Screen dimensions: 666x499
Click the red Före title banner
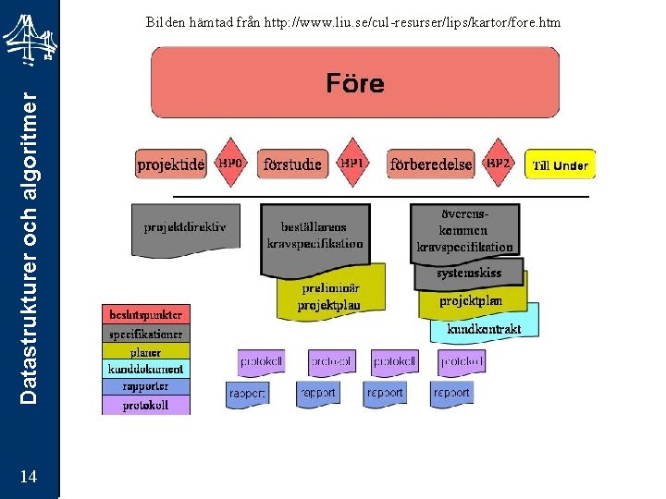(355, 83)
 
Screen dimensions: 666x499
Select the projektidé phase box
(171, 164)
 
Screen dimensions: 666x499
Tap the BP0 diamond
(230, 163)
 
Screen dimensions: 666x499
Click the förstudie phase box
(292, 164)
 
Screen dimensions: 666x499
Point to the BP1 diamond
(352, 163)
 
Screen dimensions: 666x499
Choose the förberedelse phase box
(431, 164)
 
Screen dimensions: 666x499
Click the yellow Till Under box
(560, 165)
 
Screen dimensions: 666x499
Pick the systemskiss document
(470, 274)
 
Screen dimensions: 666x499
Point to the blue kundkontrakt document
(484, 327)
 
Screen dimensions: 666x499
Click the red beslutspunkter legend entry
(145, 314)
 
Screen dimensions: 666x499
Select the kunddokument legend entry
(145, 369)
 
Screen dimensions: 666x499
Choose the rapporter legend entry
(145, 386)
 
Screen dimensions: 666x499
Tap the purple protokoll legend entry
(145, 405)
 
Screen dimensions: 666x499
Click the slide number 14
(29, 476)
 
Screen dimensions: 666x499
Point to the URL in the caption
(413, 21)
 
